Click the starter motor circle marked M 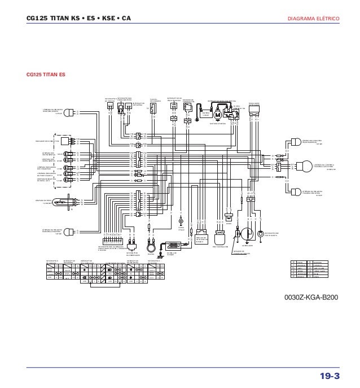(x=217, y=115)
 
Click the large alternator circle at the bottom (x=248, y=234)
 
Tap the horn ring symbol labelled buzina (x=151, y=247)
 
